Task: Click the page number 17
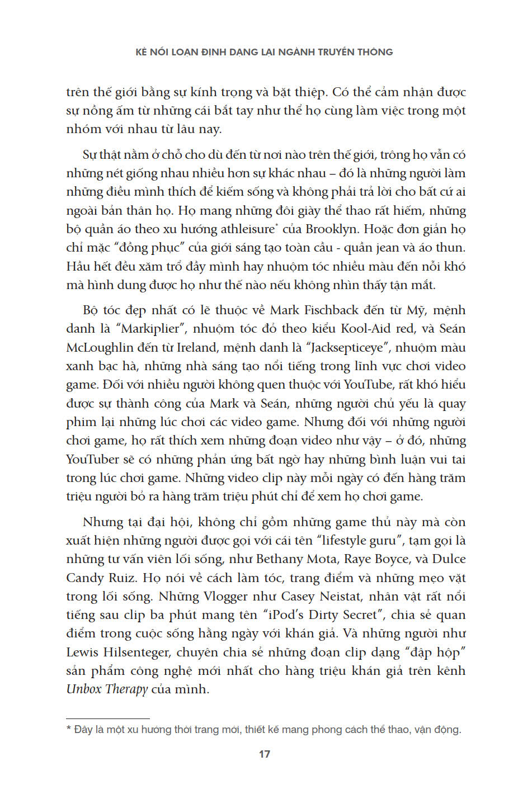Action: [265, 754]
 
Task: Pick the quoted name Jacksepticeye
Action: [347, 347]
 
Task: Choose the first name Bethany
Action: [280, 559]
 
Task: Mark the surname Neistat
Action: [343, 596]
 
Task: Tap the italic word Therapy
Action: [126, 689]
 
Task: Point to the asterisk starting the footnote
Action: [69, 729]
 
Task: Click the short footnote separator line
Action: [107, 718]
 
